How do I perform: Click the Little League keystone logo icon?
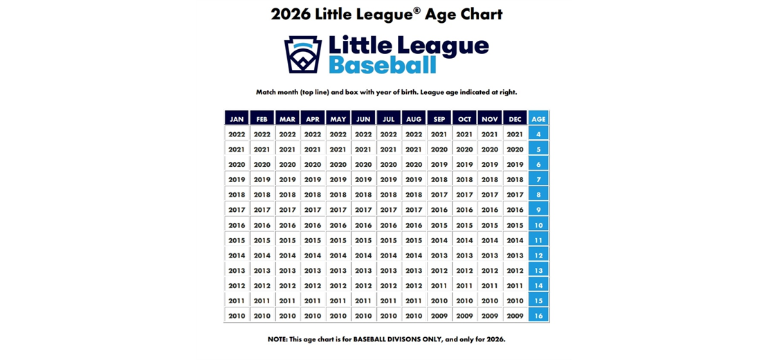[x=303, y=55]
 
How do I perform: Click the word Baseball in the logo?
[x=382, y=66]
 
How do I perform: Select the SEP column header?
[x=439, y=119]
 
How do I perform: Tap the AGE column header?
[x=538, y=119]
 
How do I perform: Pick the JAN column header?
[x=237, y=119]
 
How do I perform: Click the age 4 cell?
[x=538, y=134]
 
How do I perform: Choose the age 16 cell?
[x=538, y=316]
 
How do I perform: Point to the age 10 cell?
[x=538, y=225]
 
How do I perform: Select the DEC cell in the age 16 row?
[x=515, y=316]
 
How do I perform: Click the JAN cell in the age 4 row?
[x=237, y=134]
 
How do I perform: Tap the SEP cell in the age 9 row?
[x=439, y=210]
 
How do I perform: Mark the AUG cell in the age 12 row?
[x=414, y=255]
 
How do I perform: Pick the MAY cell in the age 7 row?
[x=338, y=179]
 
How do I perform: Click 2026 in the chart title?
[x=290, y=14]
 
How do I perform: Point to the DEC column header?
[x=515, y=119]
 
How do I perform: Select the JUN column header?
[x=363, y=119]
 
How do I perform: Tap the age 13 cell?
[x=538, y=271]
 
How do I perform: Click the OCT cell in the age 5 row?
[x=464, y=150]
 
